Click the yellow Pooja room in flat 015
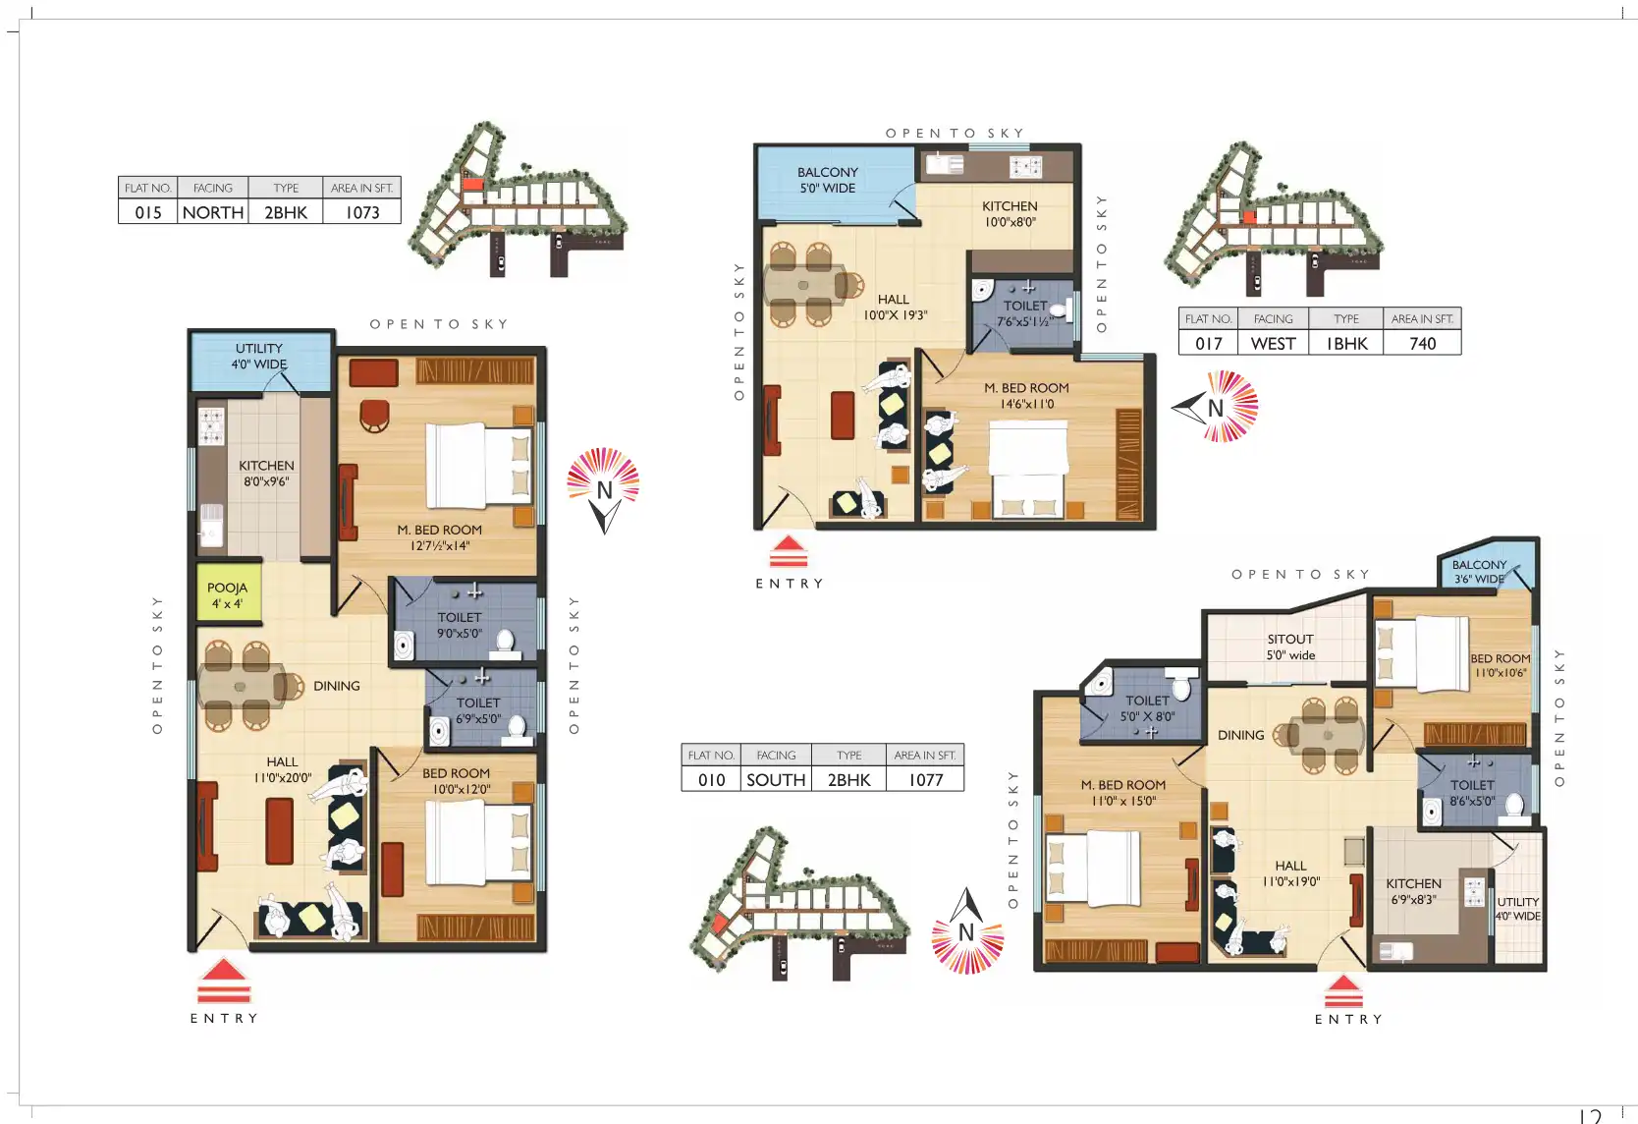228,592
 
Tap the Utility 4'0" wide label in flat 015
259,357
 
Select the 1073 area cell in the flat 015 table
362,212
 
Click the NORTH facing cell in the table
213,212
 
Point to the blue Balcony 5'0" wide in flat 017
834,182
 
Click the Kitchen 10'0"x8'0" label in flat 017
1010,213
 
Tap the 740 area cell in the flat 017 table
1422,343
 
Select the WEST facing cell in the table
1273,343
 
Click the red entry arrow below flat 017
789,552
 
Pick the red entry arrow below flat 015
224,981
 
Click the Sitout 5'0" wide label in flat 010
1290,646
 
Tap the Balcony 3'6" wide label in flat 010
1479,572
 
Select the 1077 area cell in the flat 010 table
925,779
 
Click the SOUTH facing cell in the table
776,779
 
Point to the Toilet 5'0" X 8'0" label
1147,708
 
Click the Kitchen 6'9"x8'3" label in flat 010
1413,891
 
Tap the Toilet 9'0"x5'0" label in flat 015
460,625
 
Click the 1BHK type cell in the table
1346,343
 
